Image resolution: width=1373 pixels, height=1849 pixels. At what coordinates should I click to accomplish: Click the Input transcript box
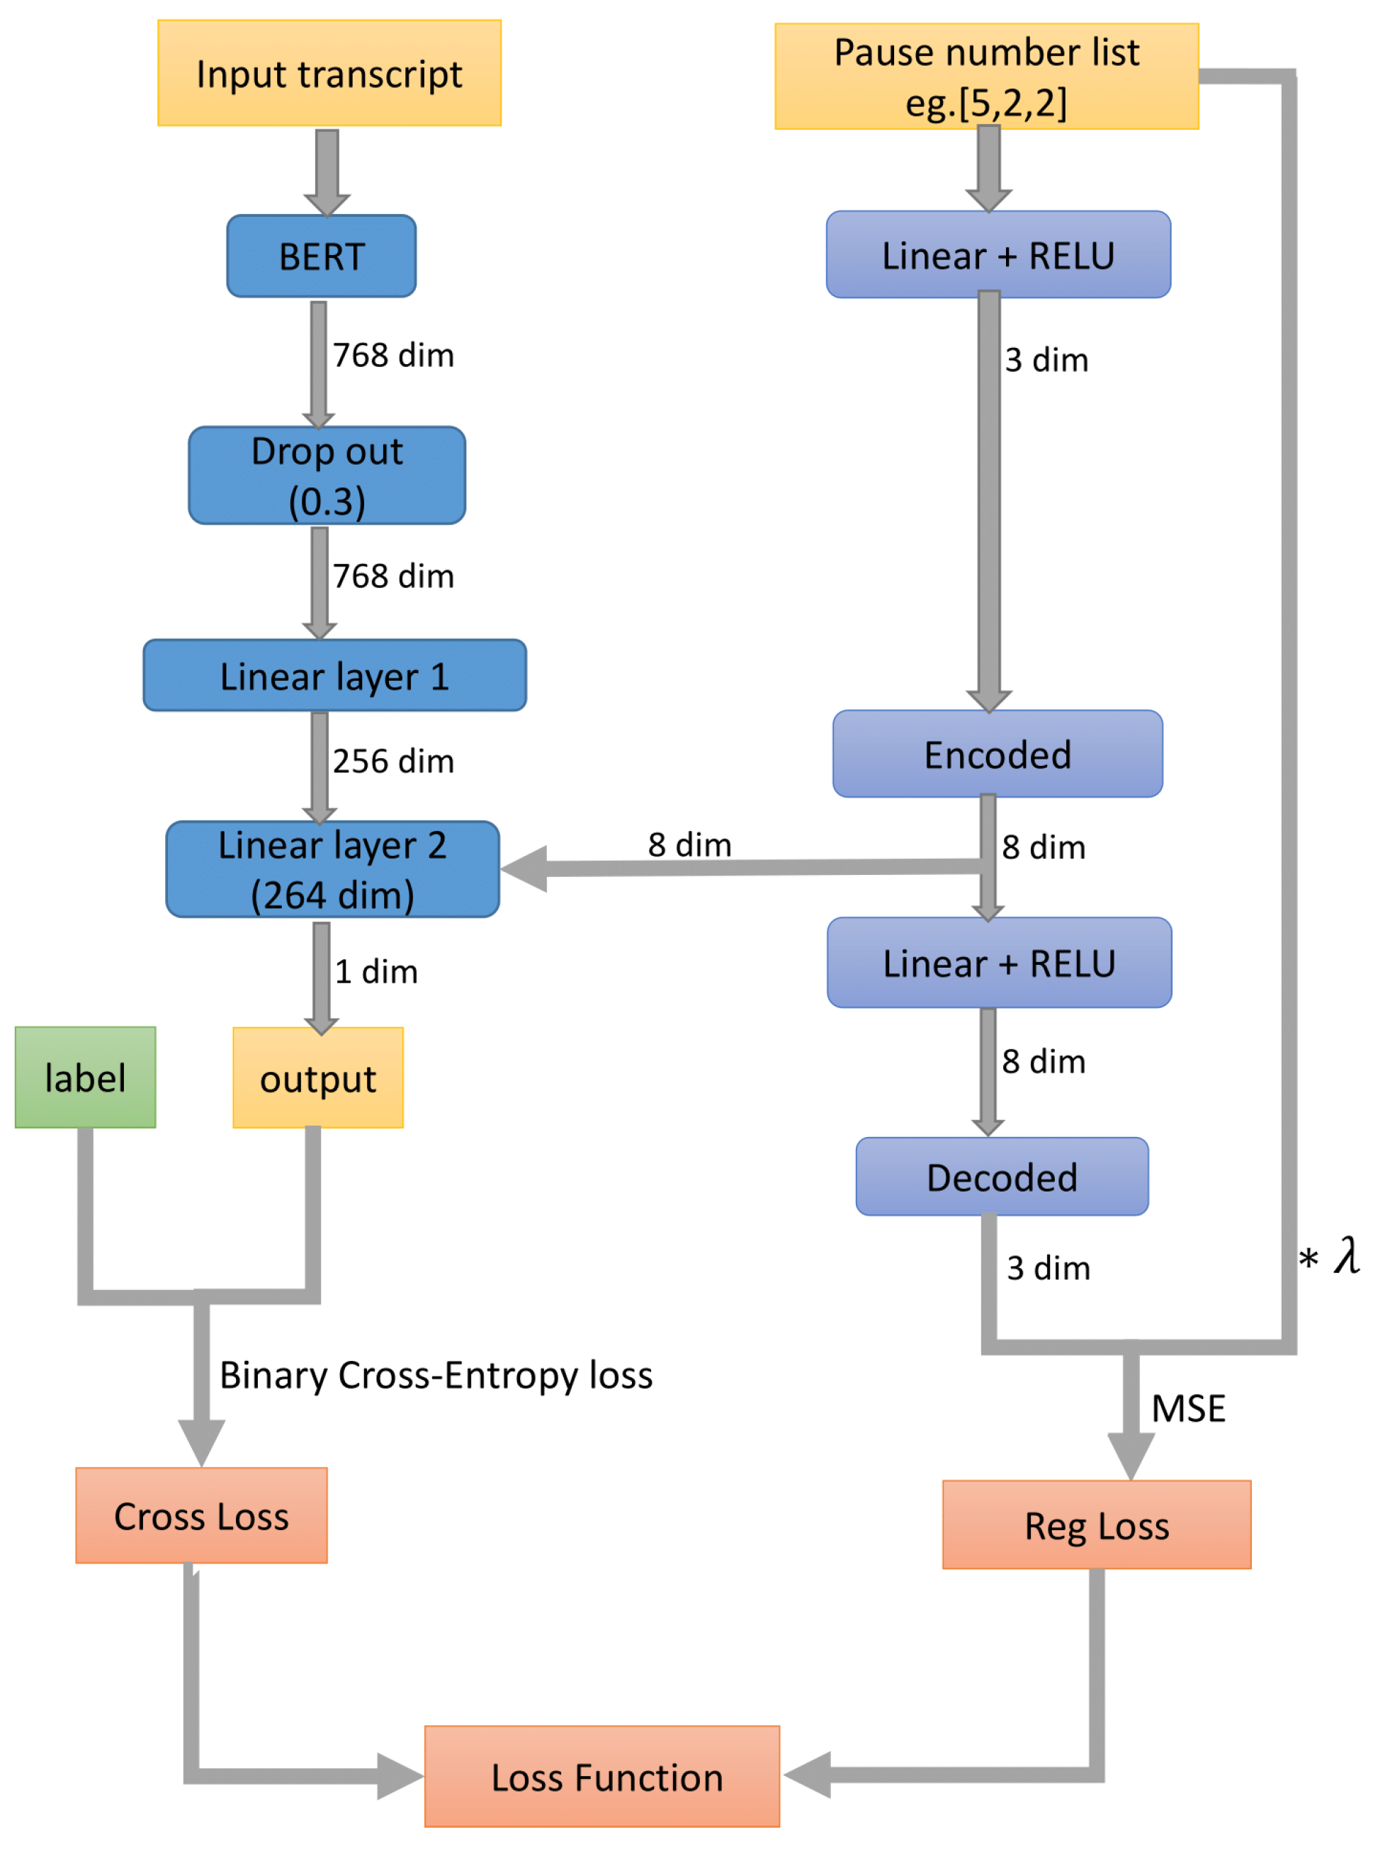coord(329,73)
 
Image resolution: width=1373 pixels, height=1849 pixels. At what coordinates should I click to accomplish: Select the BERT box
coord(321,256)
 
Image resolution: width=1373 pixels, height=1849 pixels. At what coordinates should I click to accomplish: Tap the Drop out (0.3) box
coord(327,475)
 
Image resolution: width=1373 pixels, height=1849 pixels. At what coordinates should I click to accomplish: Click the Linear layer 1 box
coord(334,676)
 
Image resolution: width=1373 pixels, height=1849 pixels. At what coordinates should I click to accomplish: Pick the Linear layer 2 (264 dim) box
coord(332,869)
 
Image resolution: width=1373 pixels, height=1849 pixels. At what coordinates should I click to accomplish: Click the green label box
coord(85,1077)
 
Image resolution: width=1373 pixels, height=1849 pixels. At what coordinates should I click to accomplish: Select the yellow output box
coord(317,1078)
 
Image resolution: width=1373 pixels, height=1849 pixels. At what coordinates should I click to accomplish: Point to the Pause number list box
coord(985,77)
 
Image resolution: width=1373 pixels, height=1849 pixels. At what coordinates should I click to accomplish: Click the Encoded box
coord(998,754)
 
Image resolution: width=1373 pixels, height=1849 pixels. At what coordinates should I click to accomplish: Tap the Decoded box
coord(1002,1177)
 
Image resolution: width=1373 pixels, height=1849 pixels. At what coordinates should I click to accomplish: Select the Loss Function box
coord(601,1777)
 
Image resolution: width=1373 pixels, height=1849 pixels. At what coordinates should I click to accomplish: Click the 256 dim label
coord(393,761)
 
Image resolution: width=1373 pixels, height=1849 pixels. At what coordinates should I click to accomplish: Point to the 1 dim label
coord(375,971)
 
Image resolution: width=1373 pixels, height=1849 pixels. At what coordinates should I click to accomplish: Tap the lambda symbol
coord(1346,1255)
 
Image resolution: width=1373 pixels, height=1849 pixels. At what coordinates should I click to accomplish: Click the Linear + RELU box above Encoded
coord(998,255)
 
